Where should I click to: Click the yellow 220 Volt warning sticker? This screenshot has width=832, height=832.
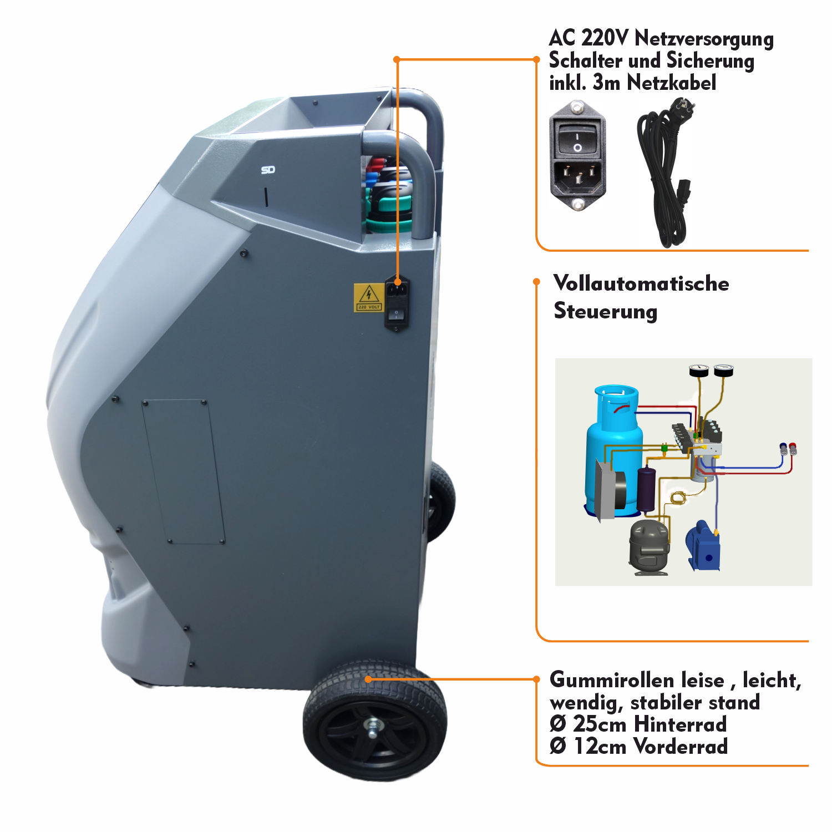pyautogui.click(x=368, y=298)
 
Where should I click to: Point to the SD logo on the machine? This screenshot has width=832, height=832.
pyautogui.click(x=268, y=170)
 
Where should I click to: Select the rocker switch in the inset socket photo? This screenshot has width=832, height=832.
pyautogui.click(x=577, y=139)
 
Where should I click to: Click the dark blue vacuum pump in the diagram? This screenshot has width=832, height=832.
pyautogui.click(x=703, y=546)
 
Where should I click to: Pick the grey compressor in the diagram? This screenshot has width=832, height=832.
pyautogui.click(x=649, y=546)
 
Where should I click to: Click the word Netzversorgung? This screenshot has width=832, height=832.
pyautogui.click(x=704, y=38)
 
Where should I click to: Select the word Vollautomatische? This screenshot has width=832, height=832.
pyautogui.click(x=641, y=283)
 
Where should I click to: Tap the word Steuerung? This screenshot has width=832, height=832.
pyautogui.click(x=606, y=311)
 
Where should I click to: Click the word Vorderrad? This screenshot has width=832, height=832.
pyautogui.click(x=681, y=746)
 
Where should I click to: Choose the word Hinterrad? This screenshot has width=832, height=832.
pyautogui.click(x=680, y=724)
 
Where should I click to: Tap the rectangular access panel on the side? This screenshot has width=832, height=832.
pyautogui.click(x=184, y=471)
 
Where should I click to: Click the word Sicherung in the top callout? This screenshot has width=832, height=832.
pyautogui.click(x=711, y=60)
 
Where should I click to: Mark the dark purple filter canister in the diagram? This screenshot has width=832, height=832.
pyautogui.click(x=646, y=489)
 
